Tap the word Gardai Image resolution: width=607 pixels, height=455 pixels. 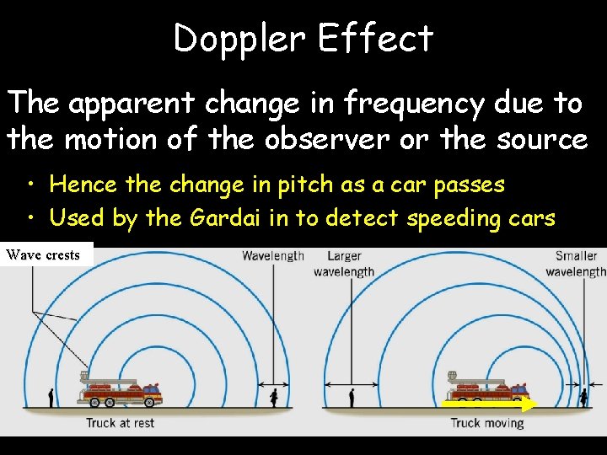224,218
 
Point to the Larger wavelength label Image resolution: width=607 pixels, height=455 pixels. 344,263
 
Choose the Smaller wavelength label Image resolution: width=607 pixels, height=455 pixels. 577,263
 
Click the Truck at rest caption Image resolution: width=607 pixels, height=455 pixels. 121,422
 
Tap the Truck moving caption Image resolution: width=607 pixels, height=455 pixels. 487,422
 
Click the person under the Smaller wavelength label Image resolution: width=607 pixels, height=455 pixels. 583,396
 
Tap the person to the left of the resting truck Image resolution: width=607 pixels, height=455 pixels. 52,397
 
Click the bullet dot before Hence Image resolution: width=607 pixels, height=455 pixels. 31,185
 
